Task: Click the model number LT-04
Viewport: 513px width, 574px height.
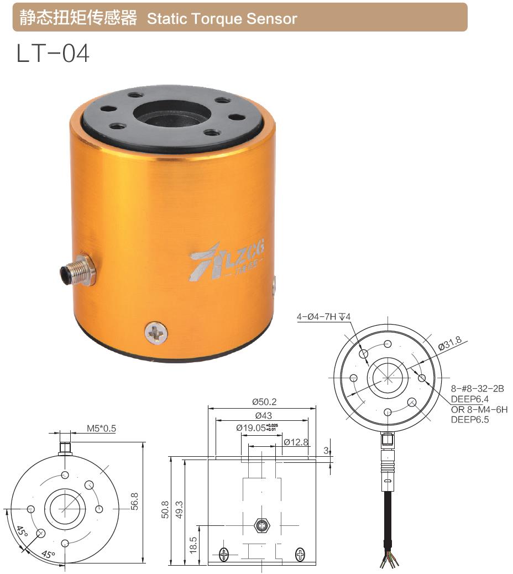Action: click(x=53, y=55)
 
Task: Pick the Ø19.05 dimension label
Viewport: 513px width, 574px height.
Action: click(x=255, y=427)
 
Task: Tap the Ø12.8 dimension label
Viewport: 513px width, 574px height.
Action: click(x=296, y=442)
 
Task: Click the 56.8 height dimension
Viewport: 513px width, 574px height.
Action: click(x=134, y=501)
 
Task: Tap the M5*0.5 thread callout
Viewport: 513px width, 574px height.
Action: click(x=101, y=428)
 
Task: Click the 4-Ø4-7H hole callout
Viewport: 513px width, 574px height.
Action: click(x=324, y=317)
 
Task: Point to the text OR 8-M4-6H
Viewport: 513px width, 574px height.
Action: click(x=479, y=409)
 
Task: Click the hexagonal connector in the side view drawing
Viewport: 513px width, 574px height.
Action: click(x=260, y=525)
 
